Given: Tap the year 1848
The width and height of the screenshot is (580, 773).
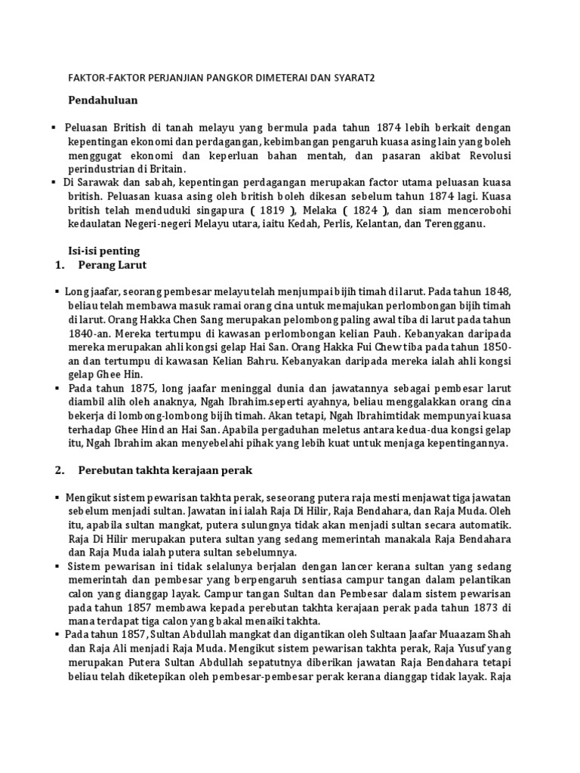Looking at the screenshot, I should coord(492,291).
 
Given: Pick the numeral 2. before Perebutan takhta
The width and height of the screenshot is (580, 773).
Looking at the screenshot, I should coord(60,470).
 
